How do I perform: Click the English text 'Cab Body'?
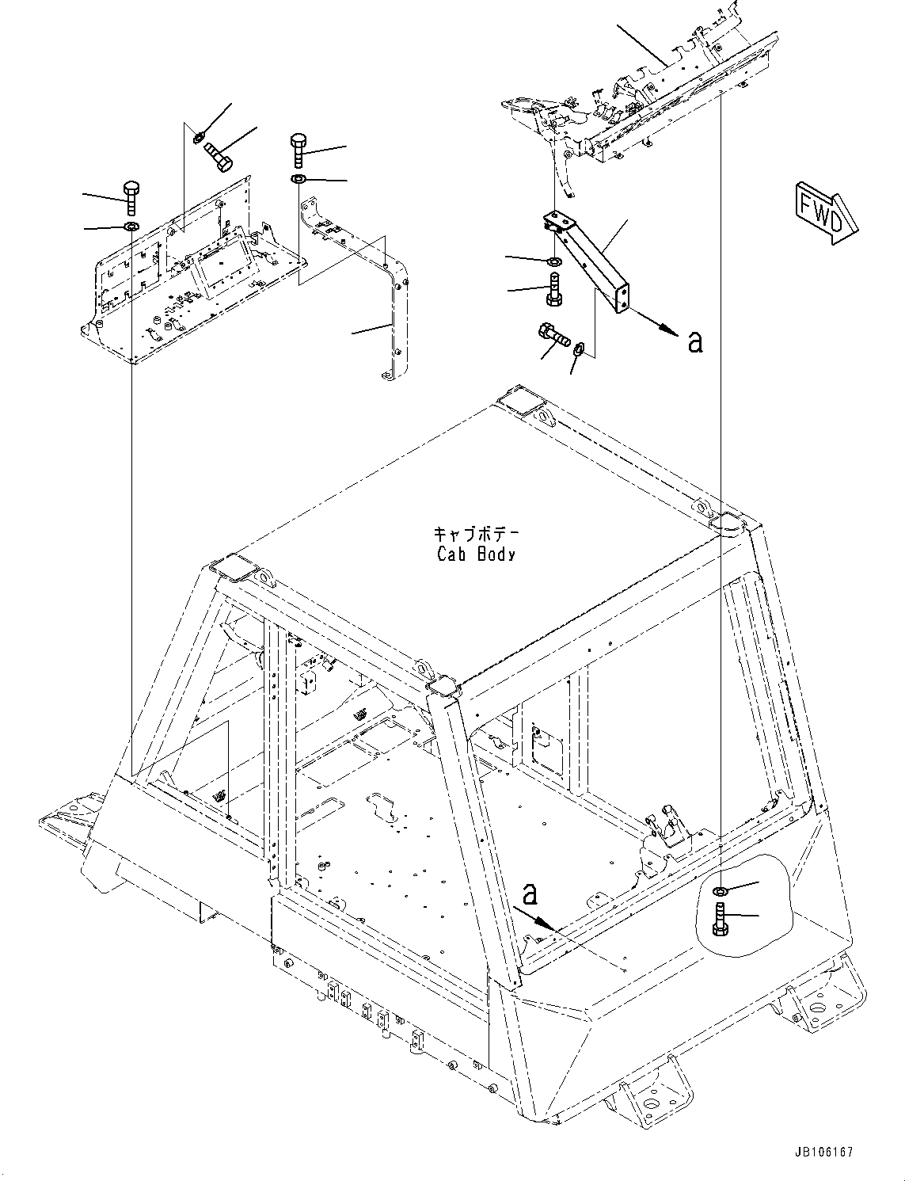475,554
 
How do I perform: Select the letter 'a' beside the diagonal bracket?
695,341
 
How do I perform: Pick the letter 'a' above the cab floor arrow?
530,894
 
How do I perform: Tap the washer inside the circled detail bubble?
720,893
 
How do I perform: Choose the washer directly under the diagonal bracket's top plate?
555,261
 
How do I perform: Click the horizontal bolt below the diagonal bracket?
556,336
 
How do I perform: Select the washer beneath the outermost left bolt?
131,228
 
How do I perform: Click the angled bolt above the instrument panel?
219,155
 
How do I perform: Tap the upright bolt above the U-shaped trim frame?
298,147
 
